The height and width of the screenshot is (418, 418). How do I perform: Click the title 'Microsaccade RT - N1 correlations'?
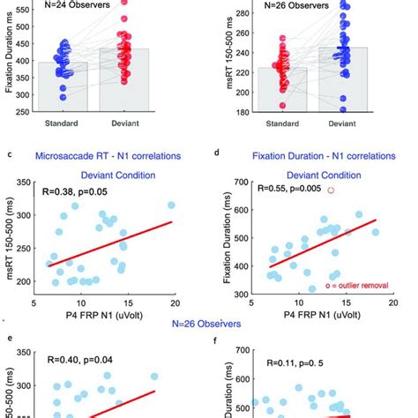pos(118,157)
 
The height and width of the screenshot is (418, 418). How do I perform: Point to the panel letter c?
pos(10,156)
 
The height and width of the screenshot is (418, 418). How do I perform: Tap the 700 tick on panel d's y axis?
pos(243,183)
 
